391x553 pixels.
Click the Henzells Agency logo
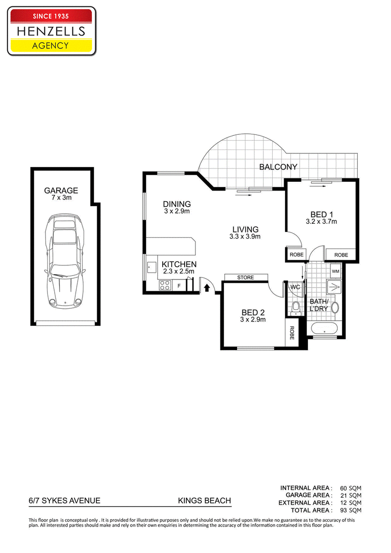[x=51, y=31]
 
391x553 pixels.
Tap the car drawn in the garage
[x=65, y=261]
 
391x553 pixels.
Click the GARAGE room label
[x=61, y=191]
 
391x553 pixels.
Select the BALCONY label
[x=278, y=167]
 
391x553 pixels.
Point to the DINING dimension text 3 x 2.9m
[x=177, y=211]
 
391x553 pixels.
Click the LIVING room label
[x=245, y=229]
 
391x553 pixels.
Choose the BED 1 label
[x=322, y=214]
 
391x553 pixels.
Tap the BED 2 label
[x=253, y=313]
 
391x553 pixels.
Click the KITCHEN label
[x=179, y=264]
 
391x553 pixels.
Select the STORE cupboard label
[x=246, y=277]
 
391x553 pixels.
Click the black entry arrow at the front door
[x=207, y=288]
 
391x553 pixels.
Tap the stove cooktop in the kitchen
[x=165, y=285]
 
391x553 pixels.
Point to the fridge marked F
[x=179, y=286]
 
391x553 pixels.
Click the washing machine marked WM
[x=336, y=271]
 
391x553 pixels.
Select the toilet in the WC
[x=296, y=308]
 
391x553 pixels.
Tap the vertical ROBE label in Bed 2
[x=292, y=333]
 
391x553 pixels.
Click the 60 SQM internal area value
[x=350, y=489]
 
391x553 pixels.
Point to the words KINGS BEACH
[x=204, y=500]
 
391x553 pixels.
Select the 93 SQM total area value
[x=350, y=510]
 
